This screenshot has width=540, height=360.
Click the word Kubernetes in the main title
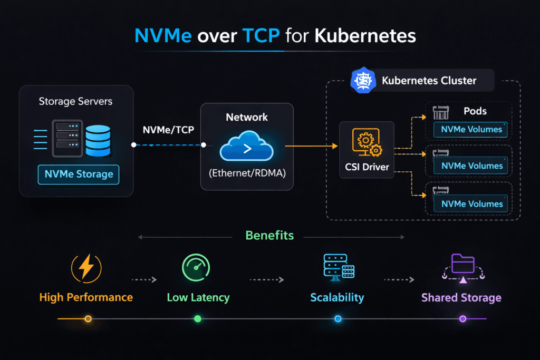coord(365,36)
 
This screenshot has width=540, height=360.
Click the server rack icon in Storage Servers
coord(68,139)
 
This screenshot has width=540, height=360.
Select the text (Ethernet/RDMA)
coord(247,172)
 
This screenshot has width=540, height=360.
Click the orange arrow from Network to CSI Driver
coord(308,145)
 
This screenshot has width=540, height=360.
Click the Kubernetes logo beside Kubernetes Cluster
coord(362,81)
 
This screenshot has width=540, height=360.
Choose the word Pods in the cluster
coord(475,111)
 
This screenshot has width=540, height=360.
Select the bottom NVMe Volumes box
coord(470,204)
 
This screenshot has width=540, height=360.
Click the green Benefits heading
coord(269,235)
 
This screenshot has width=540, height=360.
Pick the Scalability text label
coord(337,297)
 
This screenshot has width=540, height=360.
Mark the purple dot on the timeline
coord(462,319)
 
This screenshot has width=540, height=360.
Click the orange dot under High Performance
coord(88,319)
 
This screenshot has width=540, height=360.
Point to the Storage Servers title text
coord(75,101)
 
